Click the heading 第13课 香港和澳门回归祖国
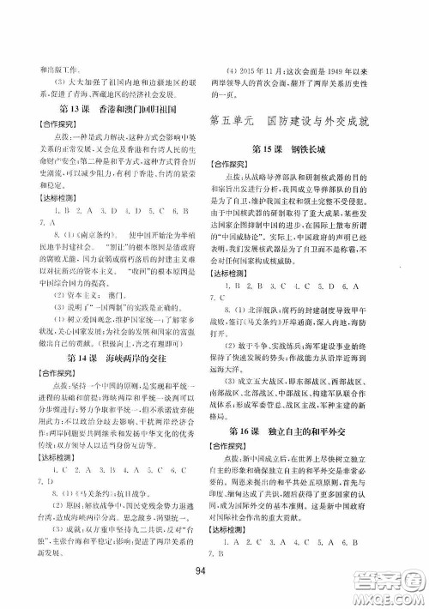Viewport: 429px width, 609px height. tap(120, 111)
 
